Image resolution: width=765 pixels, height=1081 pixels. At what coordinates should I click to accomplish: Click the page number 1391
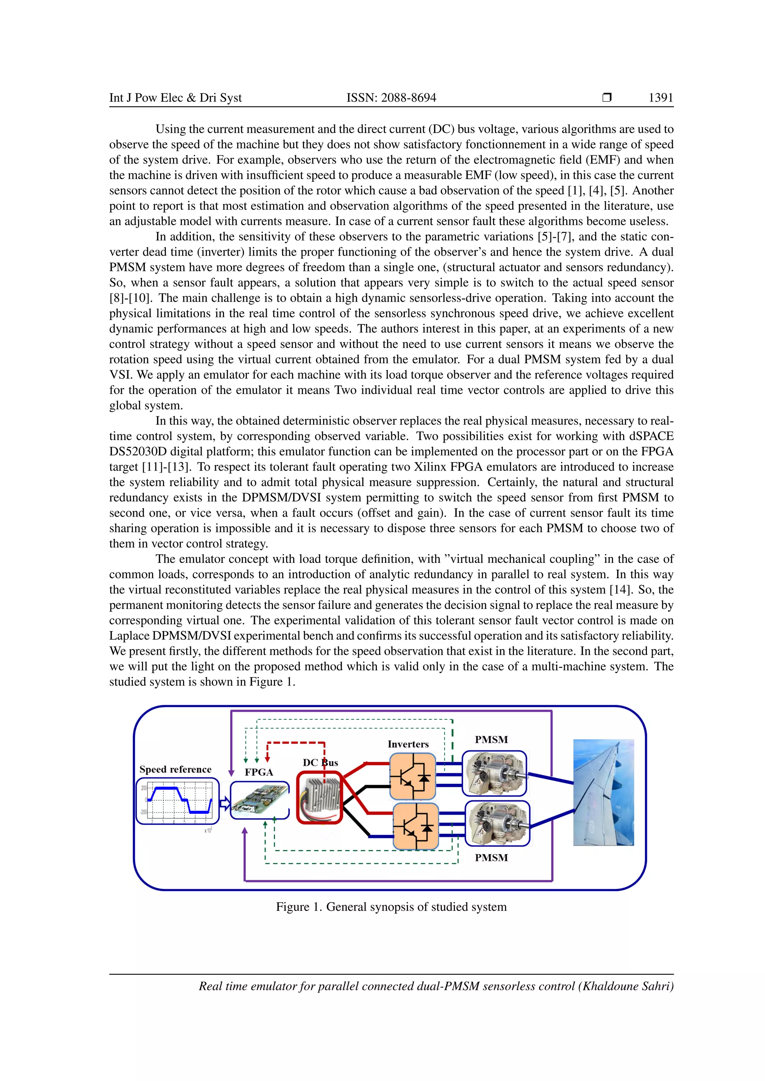pyautogui.click(x=660, y=98)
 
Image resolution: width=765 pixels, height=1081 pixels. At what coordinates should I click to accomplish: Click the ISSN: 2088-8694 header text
pyautogui.click(x=391, y=98)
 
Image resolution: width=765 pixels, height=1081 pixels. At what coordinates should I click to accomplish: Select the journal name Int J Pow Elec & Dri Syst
pyautogui.click(x=175, y=98)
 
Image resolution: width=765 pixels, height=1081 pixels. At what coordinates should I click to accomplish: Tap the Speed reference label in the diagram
pyautogui.click(x=175, y=769)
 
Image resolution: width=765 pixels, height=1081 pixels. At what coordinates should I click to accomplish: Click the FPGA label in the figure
pyautogui.click(x=258, y=772)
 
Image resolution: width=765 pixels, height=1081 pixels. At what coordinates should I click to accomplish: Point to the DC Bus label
pyautogui.click(x=320, y=762)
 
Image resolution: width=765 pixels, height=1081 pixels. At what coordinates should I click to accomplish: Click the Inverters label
pyautogui.click(x=408, y=744)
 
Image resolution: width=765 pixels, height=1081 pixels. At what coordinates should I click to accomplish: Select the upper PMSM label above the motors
pyautogui.click(x=491, y=739)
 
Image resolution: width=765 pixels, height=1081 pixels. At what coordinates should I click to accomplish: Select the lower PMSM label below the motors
pyautogui.click(x=491, y=857)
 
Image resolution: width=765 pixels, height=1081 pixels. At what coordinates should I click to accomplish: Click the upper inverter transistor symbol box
pyautogui.click(x=413, y=776)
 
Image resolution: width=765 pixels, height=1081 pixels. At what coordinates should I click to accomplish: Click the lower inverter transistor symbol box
pyautogui.click(x=415, y=826)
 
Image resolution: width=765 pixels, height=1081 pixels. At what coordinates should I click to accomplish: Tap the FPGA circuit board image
pyautogui.click(x=260, y=800)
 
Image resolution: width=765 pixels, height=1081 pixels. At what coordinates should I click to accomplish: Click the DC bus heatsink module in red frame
pyautogui.click(x=319, y=798)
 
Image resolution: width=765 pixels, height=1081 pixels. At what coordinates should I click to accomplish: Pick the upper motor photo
pyautogui.click(x=495, y=773)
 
